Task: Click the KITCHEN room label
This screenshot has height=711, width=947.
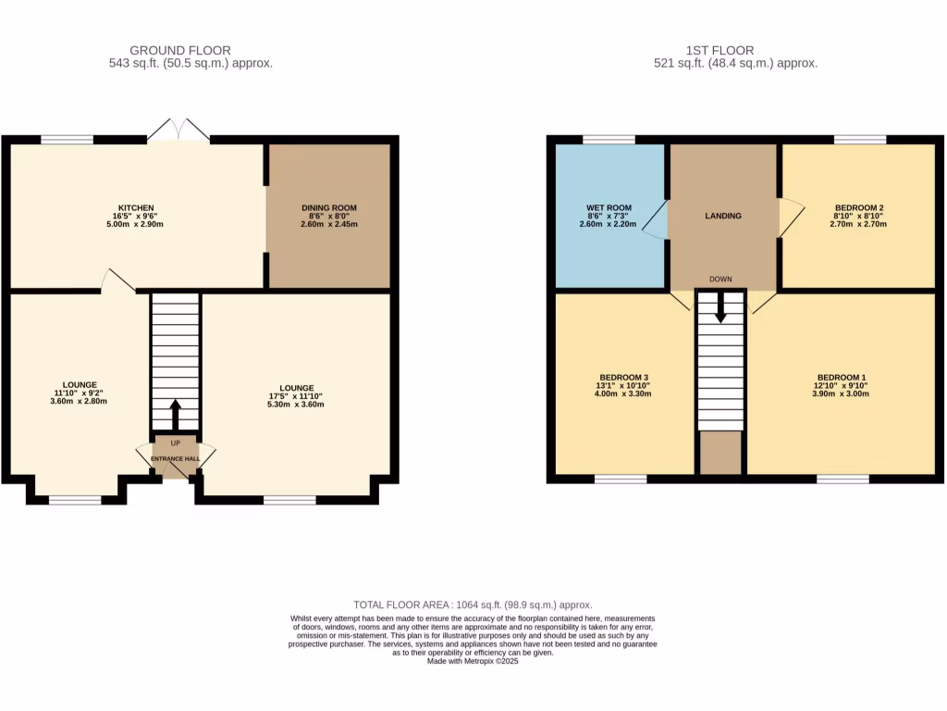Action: (x=135, y=207)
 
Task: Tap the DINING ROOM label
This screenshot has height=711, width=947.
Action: (x=329, y=207)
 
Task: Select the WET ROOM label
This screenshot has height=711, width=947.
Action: (x=609, y=207)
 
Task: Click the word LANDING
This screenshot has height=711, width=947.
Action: (x=723, y=216)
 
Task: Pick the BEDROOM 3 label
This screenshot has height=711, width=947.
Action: (x=623, y=377)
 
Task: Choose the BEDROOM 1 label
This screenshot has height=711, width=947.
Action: (x=841, y=377)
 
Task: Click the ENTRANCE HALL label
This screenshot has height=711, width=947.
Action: (x=176, y=458)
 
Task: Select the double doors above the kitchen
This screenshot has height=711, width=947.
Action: (x=178, y=131)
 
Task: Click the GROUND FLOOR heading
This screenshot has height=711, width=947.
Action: (x=180, y=50)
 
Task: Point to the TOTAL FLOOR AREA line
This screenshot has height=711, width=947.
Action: (x=473, y=604)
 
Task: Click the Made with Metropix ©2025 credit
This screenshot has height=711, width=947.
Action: (x=473, y=661)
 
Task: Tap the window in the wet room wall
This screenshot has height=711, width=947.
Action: (x=609, y=140)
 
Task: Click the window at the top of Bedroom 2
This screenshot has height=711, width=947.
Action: (x=860, y=140)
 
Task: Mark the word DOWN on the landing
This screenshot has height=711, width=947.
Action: (x=720, y=279)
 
